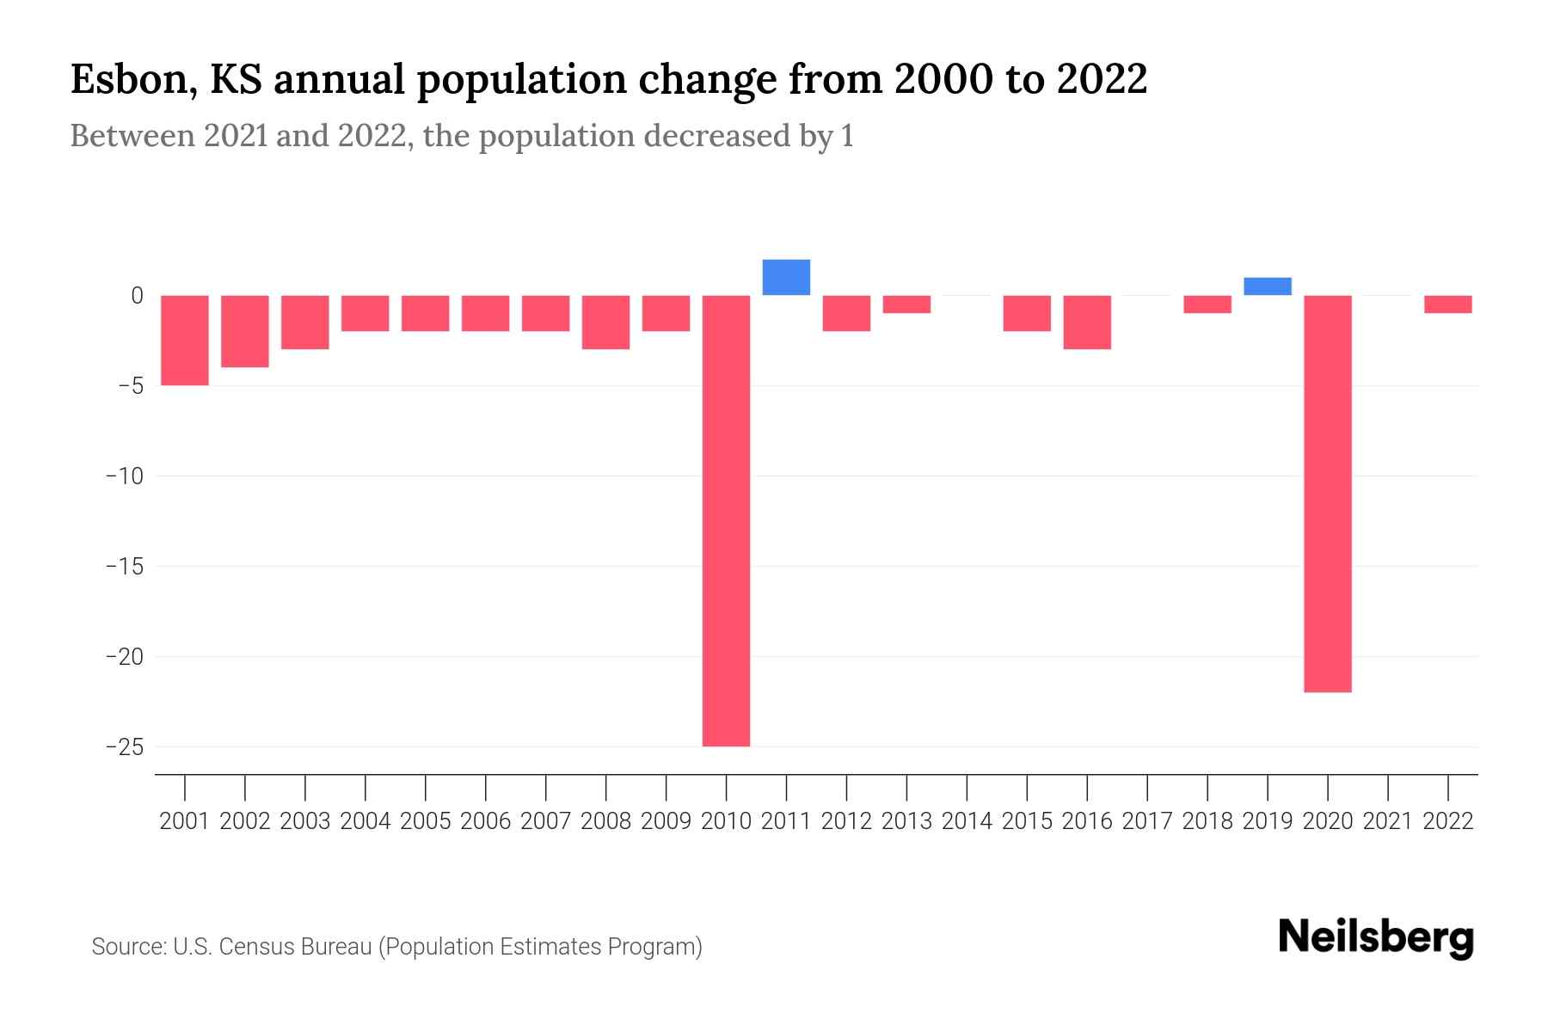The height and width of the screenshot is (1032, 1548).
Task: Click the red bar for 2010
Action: tap(726, 520)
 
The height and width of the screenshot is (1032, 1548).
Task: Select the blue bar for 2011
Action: tap(786, 278)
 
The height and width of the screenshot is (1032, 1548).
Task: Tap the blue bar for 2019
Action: tap(1268, 286)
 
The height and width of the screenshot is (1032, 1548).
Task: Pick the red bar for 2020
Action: tap(1328, 494)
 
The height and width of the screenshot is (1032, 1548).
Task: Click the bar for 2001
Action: tap(185, 340)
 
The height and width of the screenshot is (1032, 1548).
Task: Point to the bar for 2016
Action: tap(1087, 322)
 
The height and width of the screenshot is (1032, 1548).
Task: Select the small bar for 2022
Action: tap(1448, 304)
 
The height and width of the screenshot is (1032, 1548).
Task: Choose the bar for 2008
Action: tap(606, 322)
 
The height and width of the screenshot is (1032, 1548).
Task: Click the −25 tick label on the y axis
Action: tap(124, 746)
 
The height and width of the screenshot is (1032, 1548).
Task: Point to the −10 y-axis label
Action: tap(124, 476)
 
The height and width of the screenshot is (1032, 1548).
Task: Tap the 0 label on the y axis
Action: tap(137, 296)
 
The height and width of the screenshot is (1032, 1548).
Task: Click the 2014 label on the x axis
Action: tap(967, 821)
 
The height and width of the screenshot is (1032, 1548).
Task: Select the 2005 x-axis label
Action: tap(426, 821)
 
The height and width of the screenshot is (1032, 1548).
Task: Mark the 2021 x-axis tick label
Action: tap(1388, 821)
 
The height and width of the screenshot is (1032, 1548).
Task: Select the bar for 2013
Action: tap(906, 304)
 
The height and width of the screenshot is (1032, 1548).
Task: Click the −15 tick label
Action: tap(124, 566)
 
